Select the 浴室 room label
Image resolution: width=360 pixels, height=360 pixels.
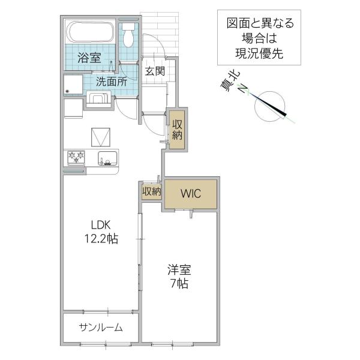tap(89, 58)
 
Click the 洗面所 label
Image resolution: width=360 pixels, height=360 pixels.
tap(112, 82)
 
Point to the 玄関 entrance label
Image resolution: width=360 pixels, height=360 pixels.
tap(155, 71)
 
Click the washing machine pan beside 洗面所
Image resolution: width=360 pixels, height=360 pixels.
tap(73, 85)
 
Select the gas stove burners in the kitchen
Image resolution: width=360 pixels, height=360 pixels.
tap(76, 157)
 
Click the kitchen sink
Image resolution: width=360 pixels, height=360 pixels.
tap(108, 158)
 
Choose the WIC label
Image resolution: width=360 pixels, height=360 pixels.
tap(191, 194)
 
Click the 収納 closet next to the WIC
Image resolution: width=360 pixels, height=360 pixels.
tap(152, 191)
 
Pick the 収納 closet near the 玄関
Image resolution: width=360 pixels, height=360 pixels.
tap(177, 130)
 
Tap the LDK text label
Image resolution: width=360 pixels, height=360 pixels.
tap(101, 225)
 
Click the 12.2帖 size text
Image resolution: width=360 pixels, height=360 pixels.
tap(101, 239)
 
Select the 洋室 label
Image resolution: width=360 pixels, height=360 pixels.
tap(179, 270)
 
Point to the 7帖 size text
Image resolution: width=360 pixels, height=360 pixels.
tap(179, 284)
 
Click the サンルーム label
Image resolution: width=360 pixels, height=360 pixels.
tap(101, 327)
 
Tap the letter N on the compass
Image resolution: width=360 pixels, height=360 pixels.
tap(242, 88)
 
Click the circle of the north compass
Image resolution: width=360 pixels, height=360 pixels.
tap(270, 106)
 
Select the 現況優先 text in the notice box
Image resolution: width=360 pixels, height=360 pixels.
tap(259, 53)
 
